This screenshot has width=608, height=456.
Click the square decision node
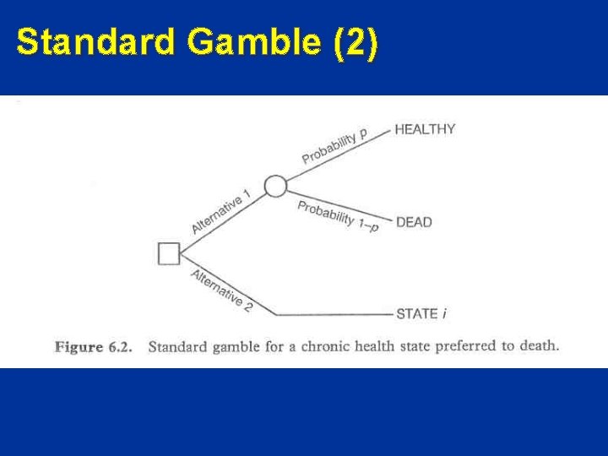pos(170,253)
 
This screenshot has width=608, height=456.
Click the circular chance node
pos(275,186)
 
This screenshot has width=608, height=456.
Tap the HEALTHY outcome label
pos(425,129)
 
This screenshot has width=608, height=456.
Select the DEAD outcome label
pos(414,222)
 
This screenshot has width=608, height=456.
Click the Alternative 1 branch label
pos(221,212)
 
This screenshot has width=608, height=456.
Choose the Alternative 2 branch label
pos(222,290)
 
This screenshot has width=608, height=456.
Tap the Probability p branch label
pos(334,145)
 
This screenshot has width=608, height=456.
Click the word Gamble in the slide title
pos(250,42)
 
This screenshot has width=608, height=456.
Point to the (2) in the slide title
pos(356,42)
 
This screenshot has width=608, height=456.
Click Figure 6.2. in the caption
pos(94,346)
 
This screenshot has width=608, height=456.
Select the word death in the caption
pos(538,346)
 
